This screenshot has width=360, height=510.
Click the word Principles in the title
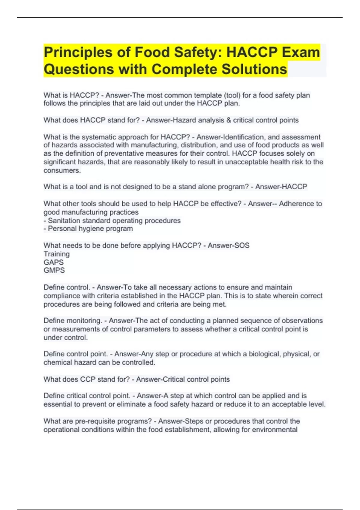pos(78,52)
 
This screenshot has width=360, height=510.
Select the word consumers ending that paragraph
pos(62,170)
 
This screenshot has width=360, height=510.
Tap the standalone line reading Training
pos(57,254)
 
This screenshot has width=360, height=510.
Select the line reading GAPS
pos(54,262)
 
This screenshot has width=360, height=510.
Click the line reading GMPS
pos(54,270)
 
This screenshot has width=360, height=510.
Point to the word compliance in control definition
pos(62,296)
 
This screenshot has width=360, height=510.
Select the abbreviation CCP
pos(88,379)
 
